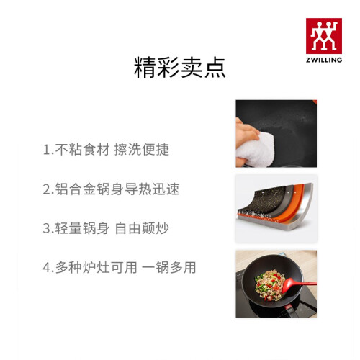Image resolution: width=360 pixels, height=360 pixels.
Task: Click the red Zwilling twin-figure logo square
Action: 324,36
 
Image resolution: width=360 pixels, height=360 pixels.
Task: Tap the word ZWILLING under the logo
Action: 324,60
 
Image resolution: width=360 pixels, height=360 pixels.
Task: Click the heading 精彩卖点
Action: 180,68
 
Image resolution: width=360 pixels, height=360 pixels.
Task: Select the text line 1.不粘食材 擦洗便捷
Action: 106,149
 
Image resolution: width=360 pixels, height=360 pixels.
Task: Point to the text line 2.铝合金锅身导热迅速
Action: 111,189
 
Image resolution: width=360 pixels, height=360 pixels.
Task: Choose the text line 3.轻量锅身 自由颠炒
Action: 106,228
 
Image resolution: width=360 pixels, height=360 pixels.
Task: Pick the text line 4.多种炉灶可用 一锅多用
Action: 120,267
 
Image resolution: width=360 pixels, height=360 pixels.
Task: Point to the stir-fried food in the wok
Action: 270,285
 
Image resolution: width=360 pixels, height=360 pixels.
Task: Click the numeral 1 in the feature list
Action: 46,150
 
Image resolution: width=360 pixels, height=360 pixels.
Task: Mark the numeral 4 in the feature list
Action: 47,268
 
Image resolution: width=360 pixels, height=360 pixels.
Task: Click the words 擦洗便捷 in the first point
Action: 142,149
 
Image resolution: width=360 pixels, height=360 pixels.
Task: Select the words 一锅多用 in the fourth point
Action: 169,267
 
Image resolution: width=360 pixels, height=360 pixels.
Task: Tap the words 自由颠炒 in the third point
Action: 142,228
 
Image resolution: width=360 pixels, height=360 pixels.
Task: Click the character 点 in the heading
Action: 215,68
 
